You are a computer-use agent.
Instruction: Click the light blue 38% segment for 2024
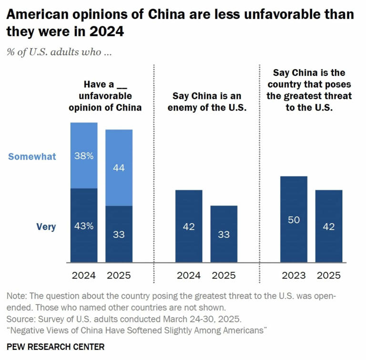(x=84, y=155)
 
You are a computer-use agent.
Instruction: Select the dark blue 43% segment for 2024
(x=84, y=226)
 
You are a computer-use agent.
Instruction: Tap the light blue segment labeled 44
(x=119, y=168)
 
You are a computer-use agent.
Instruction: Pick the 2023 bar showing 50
(x=293, y=219)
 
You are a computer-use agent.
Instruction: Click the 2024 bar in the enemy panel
(x=189, y=226)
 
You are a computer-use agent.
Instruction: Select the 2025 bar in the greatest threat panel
(x=328, y=226)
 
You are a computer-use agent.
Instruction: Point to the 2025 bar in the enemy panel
(x=224, y=234)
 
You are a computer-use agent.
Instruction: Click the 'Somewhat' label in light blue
(x=32, y=156)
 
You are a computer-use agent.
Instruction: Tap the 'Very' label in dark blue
(x=46, y=227)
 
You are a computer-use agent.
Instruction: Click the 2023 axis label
(x=293, y=275)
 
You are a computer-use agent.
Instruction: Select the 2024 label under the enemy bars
(x=189, y=275)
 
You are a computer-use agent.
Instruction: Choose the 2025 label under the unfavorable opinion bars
(x=119, y=275)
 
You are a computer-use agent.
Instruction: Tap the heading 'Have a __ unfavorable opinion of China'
(x=105, y=96)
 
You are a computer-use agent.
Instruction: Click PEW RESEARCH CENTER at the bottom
(x=55, y=347)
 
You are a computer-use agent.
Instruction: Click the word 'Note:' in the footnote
(x=18, y=296)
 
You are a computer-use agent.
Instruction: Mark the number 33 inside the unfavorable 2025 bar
(x=119, y=235)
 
